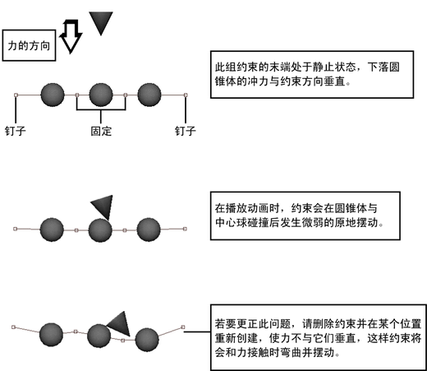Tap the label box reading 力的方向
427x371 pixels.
[x=29, y=45]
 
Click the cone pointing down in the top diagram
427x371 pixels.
[x=101, y=23]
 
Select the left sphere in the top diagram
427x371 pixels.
[x=53, y=95]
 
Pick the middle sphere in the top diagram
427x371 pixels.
[x=101, y=95]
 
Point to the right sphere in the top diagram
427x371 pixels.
[x=149, y=95]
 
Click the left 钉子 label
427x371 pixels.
[x=16, y=131]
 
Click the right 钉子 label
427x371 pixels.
[x=186, y=131]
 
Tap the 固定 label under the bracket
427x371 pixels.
[x=101, y=131]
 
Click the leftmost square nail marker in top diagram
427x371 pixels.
[x=16, y=95]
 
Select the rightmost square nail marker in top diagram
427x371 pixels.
[x=186, y=95]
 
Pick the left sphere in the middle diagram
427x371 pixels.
[x=52, y=230]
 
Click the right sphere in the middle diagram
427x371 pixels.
[x=149, y=230]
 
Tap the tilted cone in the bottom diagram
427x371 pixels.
[x=121, y=323]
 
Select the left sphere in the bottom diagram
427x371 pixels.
[x=51, y=335]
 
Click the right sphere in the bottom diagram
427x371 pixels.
[x=147, y=340]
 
